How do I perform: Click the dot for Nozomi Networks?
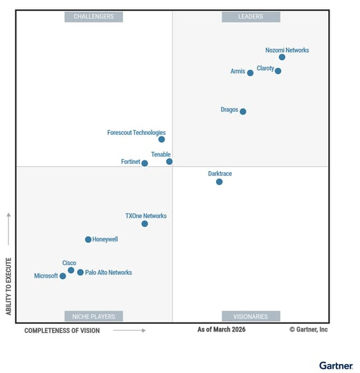pyautogui.click(x=282, y=57)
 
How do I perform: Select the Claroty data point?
pyautogui.click(x=278, y=71)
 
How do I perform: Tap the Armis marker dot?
pyautogui.click(x=250, y=73)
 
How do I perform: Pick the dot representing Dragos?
pyautogui.click(x=242, y=111)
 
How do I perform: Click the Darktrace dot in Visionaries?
pyautogui.click(x=219, y=182)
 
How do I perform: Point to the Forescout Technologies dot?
pyautogui.click(x=161, y=139)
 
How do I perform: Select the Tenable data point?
pyautogui.click(x=169, y=162)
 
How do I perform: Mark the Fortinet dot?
pyautogui.click(x=145, y=163)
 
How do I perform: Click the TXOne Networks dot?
pyautogui.click(x=145, y=224)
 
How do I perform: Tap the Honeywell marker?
pyautogui.click(x=88, y=239)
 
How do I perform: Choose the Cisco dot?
pyautogui.click(x=71, y=270)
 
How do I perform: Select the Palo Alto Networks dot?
pyautogui.click(x=80, y=273)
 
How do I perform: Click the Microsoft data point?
pyautogui.click(x=62, y=276)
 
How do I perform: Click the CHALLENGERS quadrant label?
pyautogui.click(x=93, y=17)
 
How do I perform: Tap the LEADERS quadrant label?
pyautogui.click(x=251, y=17)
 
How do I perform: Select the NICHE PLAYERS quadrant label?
pyautogui.click(x=93, y=316)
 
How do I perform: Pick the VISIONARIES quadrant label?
pyautogui.click(x=251, y=316)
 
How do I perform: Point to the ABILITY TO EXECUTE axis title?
pyautogui.click(x=9, y=286)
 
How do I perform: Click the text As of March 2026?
pyautogui.click(x=221, y=329)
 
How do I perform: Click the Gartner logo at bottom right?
pyautogui.click(x=336, y=365)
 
